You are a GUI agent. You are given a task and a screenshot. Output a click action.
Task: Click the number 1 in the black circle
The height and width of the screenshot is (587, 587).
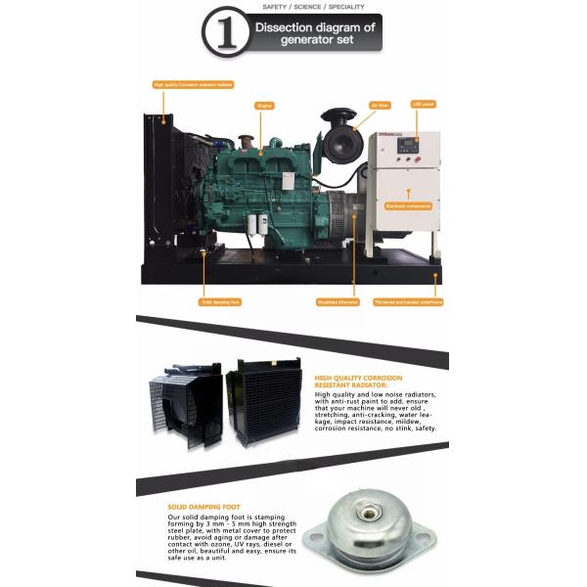tap(225, 34)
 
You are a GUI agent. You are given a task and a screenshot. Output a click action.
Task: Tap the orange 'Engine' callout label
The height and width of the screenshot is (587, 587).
tap(263, 105)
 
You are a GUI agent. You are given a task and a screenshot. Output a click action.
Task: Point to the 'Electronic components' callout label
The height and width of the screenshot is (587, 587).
tap(409, 206)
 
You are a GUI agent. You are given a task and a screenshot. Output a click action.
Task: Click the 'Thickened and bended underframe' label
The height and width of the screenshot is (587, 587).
tap(408, 302)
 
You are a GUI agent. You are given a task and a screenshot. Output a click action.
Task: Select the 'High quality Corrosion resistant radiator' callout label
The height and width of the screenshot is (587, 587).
tap(194, 85)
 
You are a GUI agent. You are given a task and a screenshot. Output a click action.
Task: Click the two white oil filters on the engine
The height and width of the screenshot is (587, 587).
tap(256, 224)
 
